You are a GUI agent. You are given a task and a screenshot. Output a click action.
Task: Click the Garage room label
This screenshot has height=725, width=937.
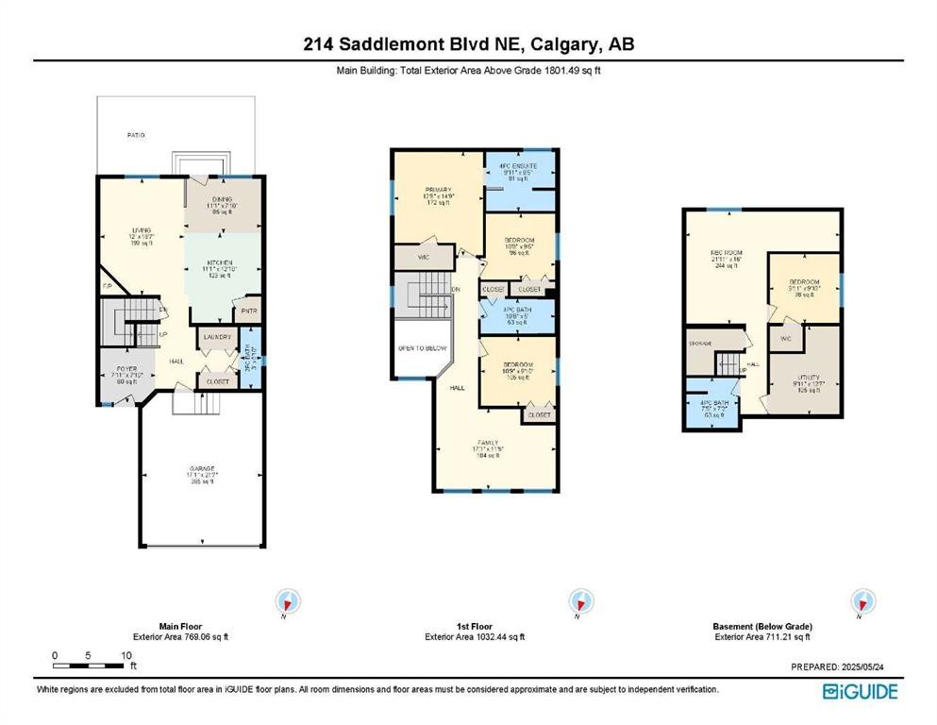tap(200, 469)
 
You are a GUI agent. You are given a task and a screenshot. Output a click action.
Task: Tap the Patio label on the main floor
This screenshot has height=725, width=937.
tap(137, 136)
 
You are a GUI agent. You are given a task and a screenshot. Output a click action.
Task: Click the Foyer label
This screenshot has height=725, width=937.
tap(126, 368)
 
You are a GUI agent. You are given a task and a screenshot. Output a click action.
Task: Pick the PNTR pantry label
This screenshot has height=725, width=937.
tap(249, 310)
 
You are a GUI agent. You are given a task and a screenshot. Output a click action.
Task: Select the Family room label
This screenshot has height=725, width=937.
tap(488, 442)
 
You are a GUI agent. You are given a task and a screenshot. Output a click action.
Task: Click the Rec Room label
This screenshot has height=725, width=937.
tap(724, 253)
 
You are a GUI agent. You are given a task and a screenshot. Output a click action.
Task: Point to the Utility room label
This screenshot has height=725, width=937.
tap(801, 377)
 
